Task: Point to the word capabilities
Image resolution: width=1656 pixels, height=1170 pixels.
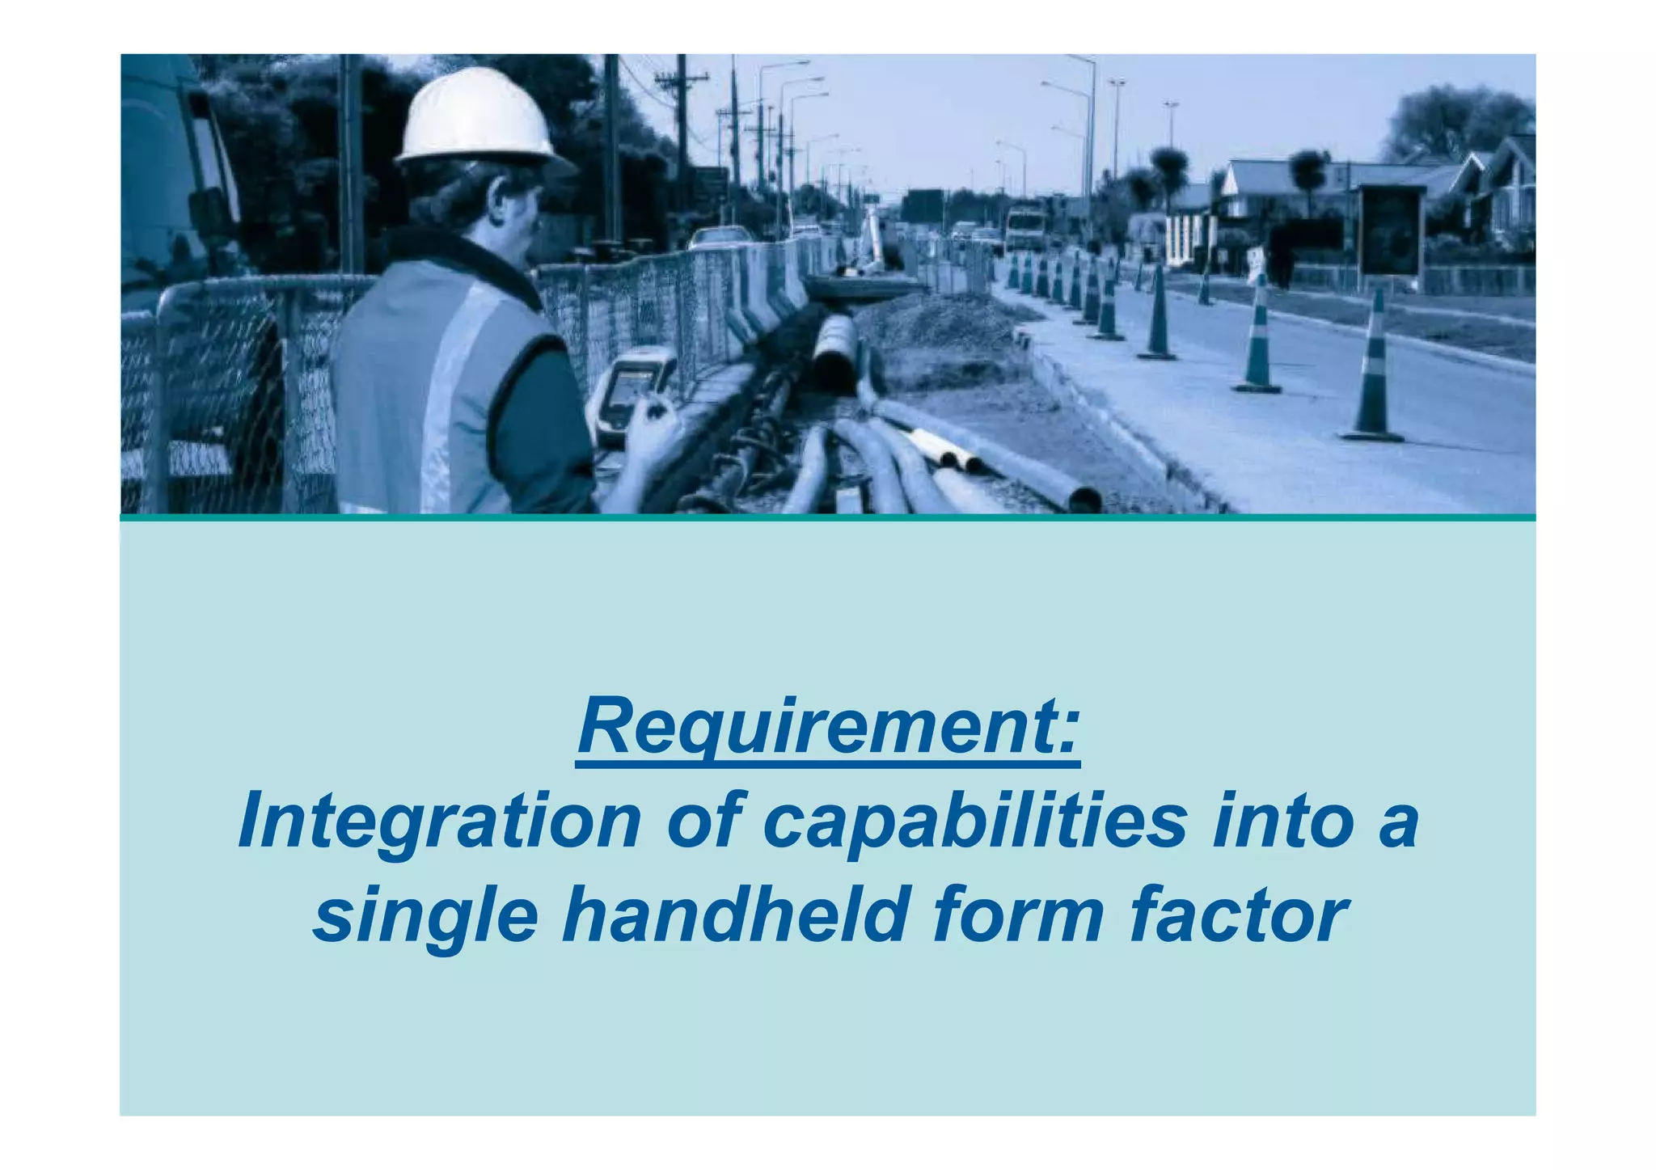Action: tap(974, 822)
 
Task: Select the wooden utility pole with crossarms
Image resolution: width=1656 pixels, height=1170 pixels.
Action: tap(682, 129)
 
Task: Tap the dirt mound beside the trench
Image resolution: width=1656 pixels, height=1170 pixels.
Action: tap(930, 323)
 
